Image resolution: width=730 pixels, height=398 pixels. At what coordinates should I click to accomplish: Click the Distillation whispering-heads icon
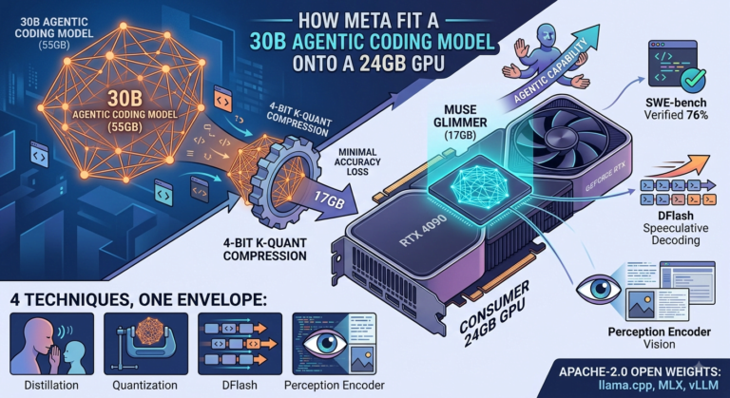click(x=51, y=344)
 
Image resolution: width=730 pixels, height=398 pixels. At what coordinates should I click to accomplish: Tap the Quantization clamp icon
click(x=145, y=344)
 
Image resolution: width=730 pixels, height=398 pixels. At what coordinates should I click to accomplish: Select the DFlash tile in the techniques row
click(x=240, y=344)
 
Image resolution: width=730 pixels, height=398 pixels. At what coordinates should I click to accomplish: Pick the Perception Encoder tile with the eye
click(x=334, y=344)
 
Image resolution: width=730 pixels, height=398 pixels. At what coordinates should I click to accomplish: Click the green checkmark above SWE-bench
click(x=693, y=80)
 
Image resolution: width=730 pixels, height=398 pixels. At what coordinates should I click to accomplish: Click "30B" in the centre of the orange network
click(x=123, y=99)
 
